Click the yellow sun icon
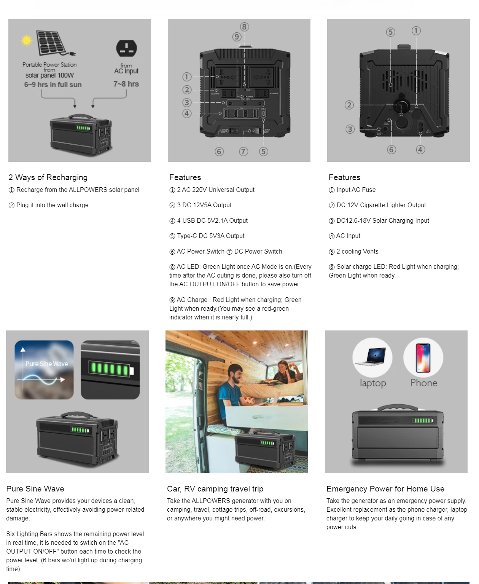point(27,40)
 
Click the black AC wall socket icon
point(126,48)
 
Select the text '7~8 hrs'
point(126,84)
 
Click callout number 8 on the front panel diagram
point(244,27)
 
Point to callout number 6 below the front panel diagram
point(219,152)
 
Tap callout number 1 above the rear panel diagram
point(416,30)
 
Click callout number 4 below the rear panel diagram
point(420,150)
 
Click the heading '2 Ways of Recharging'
point(48,177)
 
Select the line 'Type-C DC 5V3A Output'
point(210,236)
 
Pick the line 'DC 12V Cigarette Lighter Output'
point(381,205)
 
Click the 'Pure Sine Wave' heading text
point(35,489)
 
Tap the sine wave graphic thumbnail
point(44,370)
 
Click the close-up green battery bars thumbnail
point(110,370)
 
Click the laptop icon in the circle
point(372,357)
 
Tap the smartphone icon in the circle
point(423,358)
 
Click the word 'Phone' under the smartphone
point(424,383)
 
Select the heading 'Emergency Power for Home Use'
point(385,489)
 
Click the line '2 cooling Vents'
point(357,252)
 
